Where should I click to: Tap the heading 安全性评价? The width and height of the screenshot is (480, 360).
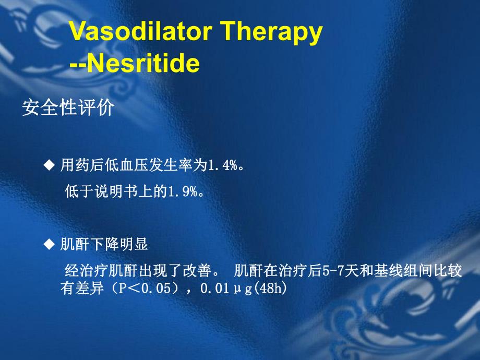67,108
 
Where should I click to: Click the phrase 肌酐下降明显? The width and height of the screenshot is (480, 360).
104,244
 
